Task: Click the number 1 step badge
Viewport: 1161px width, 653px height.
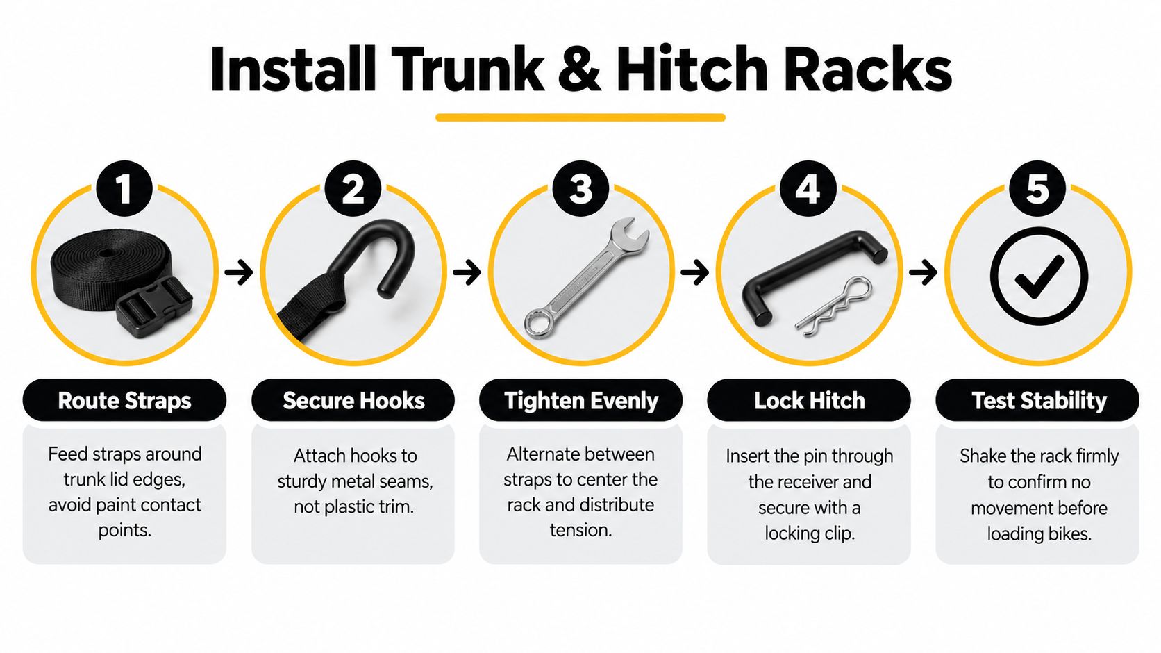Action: tap(124, 189)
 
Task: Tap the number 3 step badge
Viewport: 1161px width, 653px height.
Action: tap(580, 189)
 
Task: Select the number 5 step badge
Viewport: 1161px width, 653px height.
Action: tap(1037, 189)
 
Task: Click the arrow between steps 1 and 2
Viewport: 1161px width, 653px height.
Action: tap(239, 272)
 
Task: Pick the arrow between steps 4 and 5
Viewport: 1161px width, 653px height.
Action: tap(923, 272)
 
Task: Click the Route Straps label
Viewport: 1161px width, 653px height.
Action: tap(124, 400)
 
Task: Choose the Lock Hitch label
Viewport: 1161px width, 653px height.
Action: tap(809, 400)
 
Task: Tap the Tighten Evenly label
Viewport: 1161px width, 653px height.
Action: tap(581, 400)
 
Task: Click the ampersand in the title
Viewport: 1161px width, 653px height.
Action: tap(580, 69)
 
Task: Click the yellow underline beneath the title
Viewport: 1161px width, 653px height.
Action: tap(580, 117)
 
